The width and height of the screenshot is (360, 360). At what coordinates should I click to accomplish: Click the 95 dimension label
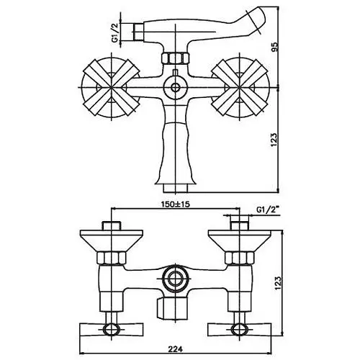pyautogui.click(x=275, y=47)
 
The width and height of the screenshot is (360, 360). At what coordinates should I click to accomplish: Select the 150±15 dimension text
pyautogui.click(x=175, y=204)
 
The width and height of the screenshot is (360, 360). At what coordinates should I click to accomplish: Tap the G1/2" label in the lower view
pyautogui.click(x=266, y=210)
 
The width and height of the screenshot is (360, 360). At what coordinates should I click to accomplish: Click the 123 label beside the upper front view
pyautogui.click(x=275, y=140)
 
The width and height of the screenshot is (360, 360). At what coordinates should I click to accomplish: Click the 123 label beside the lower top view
pyautogui.click(x=278, y=283)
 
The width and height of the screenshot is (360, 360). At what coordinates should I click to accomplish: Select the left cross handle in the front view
pyautogui.click(x=112, y=87)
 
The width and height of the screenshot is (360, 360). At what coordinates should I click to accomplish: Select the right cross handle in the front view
pyautogui.click(x=240, y=87)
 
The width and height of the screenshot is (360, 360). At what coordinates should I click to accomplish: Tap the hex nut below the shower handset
pyautogui.click(x=175, y=58)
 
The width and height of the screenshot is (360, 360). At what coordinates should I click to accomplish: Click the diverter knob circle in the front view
pyautogui.click(x=175, y=87)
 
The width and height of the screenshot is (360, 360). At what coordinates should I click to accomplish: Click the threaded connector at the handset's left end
pyautogui.click(x=138, y=32)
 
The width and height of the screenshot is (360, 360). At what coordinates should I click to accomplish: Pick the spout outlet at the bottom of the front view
pyautogui.click(x=175, y=188)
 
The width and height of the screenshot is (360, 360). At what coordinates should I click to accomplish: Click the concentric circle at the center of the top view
pyautogui.click(x=175, y=279)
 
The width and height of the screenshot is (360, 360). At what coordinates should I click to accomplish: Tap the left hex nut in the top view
pyautogui.click(x=112, y=258)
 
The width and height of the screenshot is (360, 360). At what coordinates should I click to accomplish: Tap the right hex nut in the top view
pyautogui.click(x=240, y=258)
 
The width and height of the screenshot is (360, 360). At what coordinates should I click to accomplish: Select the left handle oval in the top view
pyautogui.click(x=111, y=328)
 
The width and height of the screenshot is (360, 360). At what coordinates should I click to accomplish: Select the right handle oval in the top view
pyautogui.click(x=239, y=328)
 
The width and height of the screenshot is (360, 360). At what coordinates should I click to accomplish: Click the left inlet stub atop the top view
pyautogui.click(x=112, y=225)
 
